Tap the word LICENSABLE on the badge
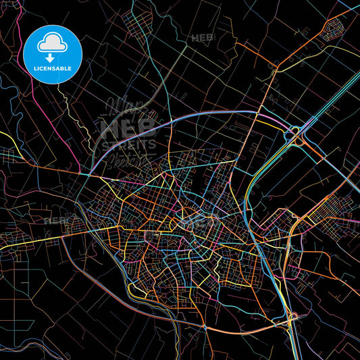pos(52,69)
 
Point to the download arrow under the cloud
pos(52,57)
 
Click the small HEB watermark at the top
pos(202,38)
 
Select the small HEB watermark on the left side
pos(55,220)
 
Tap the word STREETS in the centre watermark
pos(128,144)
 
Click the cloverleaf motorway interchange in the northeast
pos(296,134)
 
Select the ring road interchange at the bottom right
pos(293,317)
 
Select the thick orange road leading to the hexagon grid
pos(297,54)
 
